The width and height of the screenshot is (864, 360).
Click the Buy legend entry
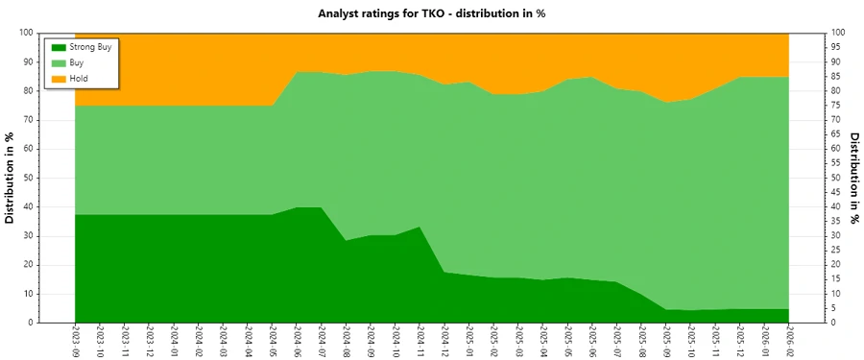pyautogui.click(x=77, y=62)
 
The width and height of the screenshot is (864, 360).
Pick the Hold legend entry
pyautogui.click(x=79, y=78)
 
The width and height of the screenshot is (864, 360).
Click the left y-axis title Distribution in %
pyautogui.click(x=11, y=178)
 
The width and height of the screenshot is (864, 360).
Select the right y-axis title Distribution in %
pyautogui.click(x=853, y=178)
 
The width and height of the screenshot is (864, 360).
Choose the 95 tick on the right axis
pyautogui.click(x=837, y=47)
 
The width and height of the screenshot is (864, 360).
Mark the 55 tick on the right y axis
pyautogui.click(x=837, y=163)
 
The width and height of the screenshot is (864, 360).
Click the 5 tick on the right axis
pyautogui.click(x=834, y=308)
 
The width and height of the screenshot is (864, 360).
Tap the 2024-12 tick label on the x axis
pyautogui.click(x=445, y=342)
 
